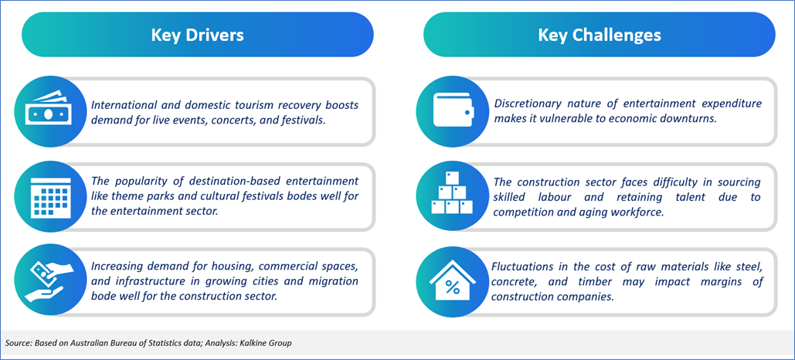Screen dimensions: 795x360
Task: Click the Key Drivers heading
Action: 197,35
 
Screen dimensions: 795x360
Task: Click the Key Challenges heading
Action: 600,35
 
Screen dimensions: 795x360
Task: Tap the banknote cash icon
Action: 46,111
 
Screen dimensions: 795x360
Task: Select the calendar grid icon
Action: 46,197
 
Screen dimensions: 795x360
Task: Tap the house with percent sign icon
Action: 451,281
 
